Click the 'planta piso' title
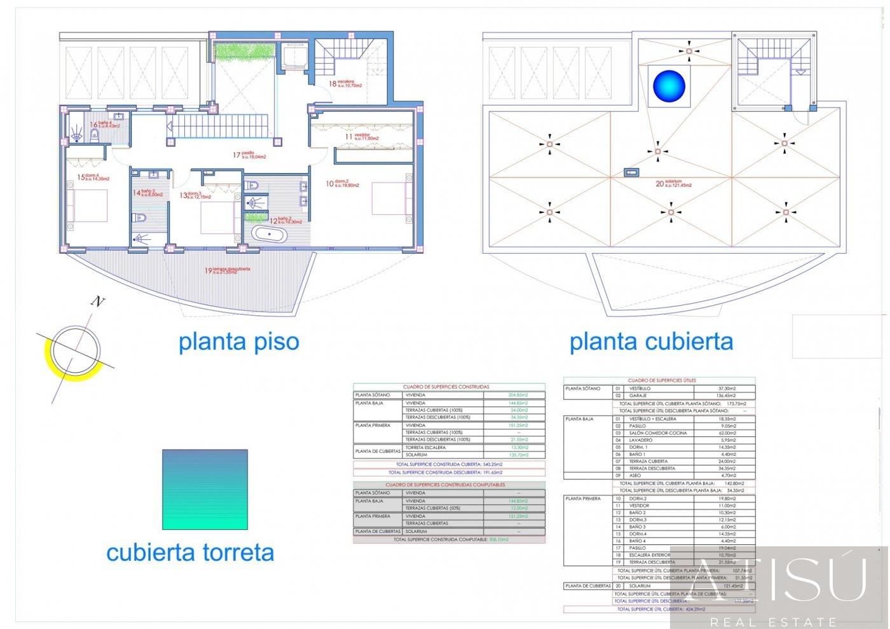pyautogui.click(x=238, y=342)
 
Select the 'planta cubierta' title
pyautogui.click(x=651, y=342)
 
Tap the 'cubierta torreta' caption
pyautogui.click(x=190, y=552)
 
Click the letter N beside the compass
pyautogui.click(x=97, y=301)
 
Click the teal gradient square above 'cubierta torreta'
pyautogui.click(x=205, y=490)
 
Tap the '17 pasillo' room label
pyautogui.click(x=249, y=155)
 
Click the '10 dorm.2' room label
pyautogui.click(x=343, y=184)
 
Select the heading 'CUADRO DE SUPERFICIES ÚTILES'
pyautogui.click(x=659, y=380)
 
